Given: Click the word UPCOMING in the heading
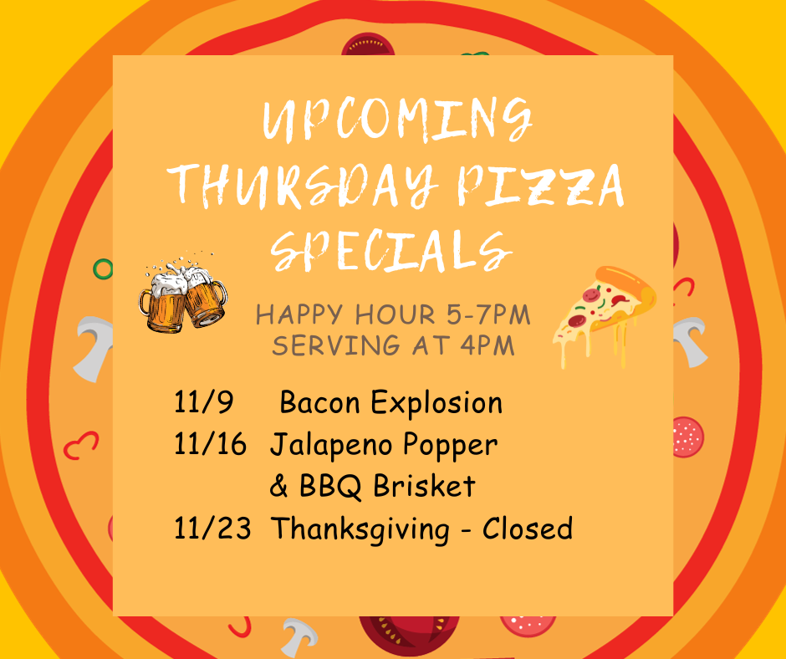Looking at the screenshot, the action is point(397,120).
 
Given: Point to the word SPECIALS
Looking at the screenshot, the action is point(391,251).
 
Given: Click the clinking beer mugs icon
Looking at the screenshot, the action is point(183,294).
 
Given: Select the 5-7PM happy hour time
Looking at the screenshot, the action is point(488,314).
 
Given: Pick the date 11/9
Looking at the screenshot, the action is point(203,401).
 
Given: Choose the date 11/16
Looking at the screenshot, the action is point(210,444).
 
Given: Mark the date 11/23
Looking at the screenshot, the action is point(212,528).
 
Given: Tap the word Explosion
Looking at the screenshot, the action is point(436,403).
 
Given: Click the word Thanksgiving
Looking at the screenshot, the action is point(360,529).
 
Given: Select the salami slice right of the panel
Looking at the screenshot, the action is point(687,437).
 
